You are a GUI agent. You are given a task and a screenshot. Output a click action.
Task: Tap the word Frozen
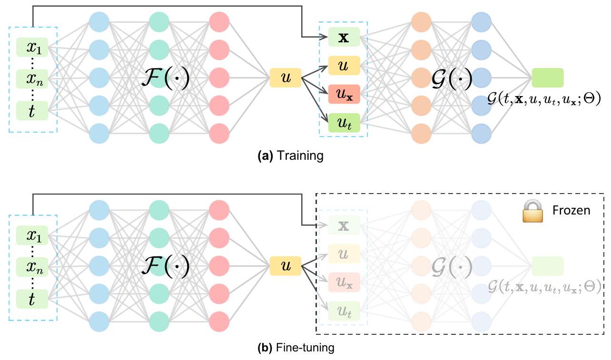[x=571, y=210]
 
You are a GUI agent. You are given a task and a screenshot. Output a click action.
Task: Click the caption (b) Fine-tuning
[x=296, y=348]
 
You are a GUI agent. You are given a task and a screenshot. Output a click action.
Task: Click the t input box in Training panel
[x=32, y=111]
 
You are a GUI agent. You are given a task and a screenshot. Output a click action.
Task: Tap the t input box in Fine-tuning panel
[x=32, y=298]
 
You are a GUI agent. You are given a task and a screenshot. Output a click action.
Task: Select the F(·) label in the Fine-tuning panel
[x=165, y=266]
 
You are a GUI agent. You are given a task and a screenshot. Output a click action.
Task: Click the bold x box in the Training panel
[x=344, y=38]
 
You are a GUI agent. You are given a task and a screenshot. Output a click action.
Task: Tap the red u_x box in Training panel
[x=344, y=95]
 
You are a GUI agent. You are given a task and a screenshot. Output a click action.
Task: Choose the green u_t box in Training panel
[x=344, y=123]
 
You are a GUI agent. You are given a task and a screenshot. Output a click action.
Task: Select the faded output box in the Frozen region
[x=547, y=266]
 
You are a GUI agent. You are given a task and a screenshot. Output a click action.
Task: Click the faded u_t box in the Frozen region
[x=344, y=311]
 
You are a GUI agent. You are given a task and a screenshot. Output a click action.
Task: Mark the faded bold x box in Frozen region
[x=344, y=226]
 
